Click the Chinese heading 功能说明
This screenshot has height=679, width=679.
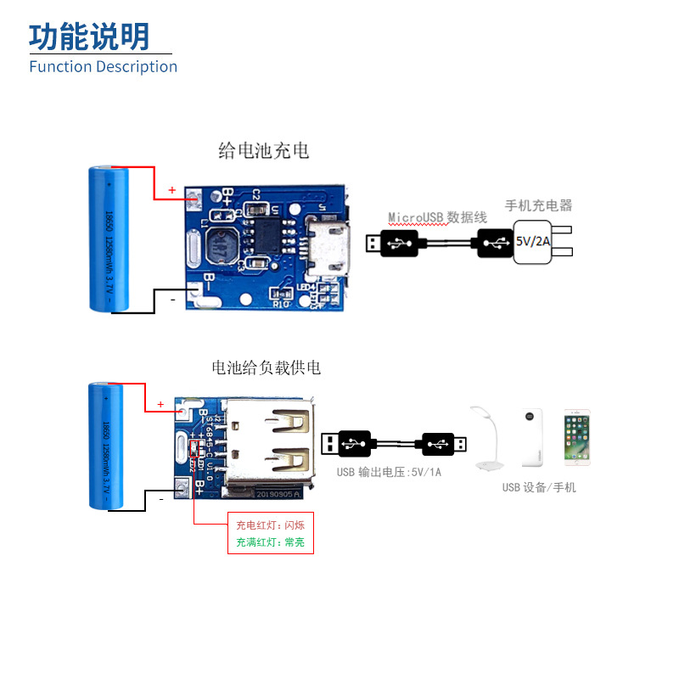click(x=89, y=36)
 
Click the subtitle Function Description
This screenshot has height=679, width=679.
click(x=103, y=66)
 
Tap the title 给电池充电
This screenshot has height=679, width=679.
click(x=264, y=151)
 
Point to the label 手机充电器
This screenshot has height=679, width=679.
click(x=538, y=205)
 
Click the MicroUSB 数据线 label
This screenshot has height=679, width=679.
click(x=437, y=217)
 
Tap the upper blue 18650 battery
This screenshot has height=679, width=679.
click(x=109, y=239)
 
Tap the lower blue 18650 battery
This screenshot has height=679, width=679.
click(x=108, y=446)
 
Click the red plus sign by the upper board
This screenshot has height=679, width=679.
click(x=171, y=190)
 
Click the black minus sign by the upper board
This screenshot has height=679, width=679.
click(x=172, y=300)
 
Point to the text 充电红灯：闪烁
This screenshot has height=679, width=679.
click(x=270, y=525)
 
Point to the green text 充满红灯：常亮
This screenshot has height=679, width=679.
click(x=270, y=542)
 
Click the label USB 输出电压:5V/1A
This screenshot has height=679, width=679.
click(x=389, y=472)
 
